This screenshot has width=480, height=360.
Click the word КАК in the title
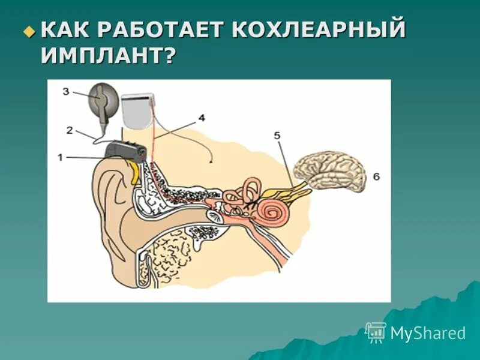point(71,30)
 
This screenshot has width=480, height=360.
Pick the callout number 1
point(60,157)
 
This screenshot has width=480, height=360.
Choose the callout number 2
point(70,130)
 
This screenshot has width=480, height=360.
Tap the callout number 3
point(66,91)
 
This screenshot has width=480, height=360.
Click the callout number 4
point(202,118)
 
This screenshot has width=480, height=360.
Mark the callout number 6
point(376,176)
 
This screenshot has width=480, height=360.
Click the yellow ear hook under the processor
point(135,173)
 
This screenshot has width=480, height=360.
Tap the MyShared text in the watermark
point(428,333)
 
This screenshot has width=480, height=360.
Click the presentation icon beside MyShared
point(376,332)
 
